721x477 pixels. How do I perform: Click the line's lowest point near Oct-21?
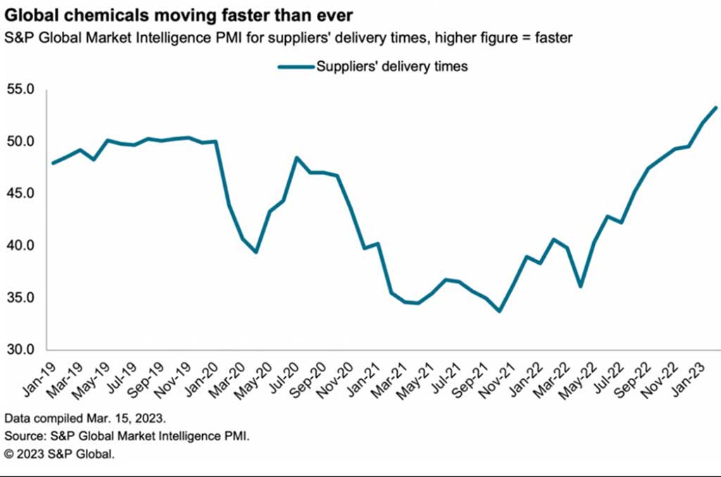tap(500, 310)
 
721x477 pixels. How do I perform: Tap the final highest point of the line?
tap(716, 108)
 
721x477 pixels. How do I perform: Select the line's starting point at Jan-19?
tap(54, 163)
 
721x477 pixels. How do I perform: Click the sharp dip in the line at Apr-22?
tap(580, 286)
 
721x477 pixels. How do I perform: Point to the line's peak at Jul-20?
tap(296, 158)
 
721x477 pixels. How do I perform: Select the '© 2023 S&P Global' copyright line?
tap(59, 454)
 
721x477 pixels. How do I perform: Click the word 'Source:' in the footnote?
tap(23, 435)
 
